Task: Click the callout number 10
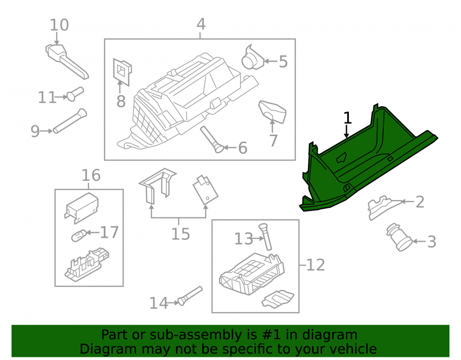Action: tap(59, 25)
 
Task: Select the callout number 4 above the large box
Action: tap(201, 24)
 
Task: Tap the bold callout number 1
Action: tap(348, 118)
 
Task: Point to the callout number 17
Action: tap(109, 232)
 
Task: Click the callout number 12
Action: tap(315, 265)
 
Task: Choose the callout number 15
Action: tap(181, 234)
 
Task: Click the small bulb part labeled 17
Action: tap(79, 235)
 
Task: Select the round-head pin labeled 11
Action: tap(75, 94)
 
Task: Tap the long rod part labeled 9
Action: tap(70, 121)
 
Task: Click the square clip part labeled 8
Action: tap(122, 72)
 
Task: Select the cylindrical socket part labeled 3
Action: tap(399, 237)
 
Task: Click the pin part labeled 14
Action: tap(190, 296)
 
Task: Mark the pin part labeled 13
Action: tap(265, 236)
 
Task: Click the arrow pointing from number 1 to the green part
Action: tap(347, 131)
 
